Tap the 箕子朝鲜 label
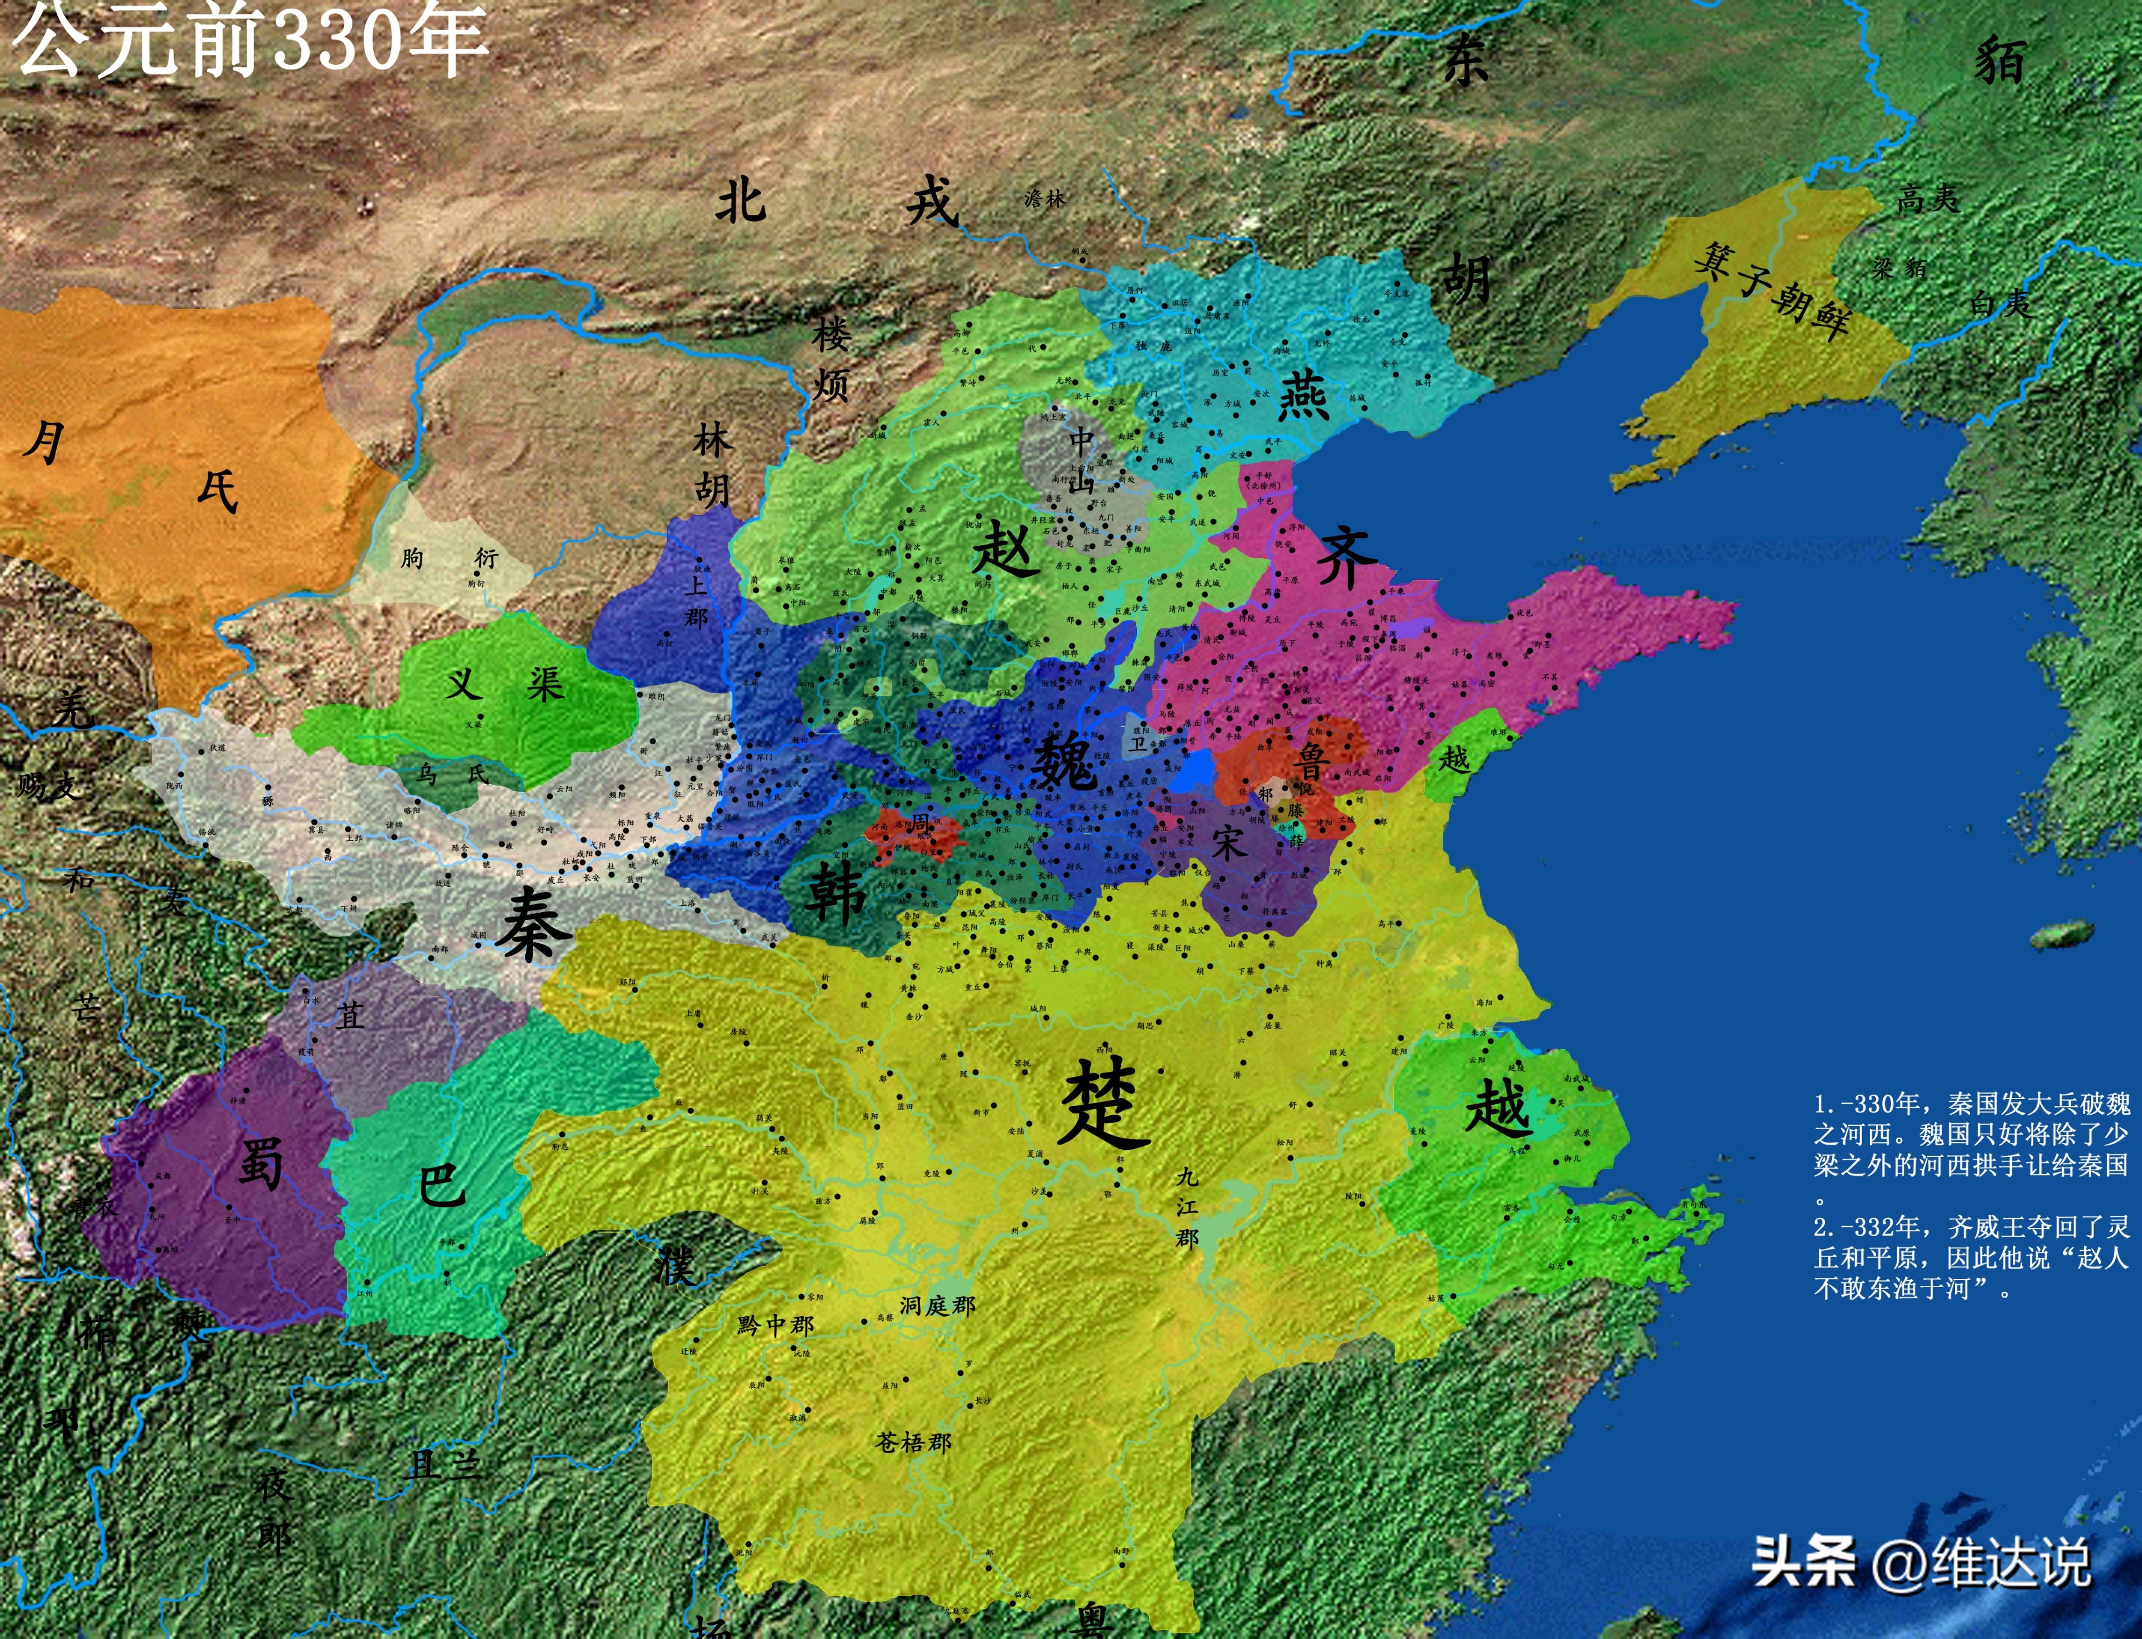point(1771,290)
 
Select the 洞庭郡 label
point(936,1305)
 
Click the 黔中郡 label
point(775,1325)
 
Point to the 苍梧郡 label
point(913,1442)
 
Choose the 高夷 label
point(1927,199)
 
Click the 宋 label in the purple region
point(1229,842)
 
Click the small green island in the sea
point(2061,935)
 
